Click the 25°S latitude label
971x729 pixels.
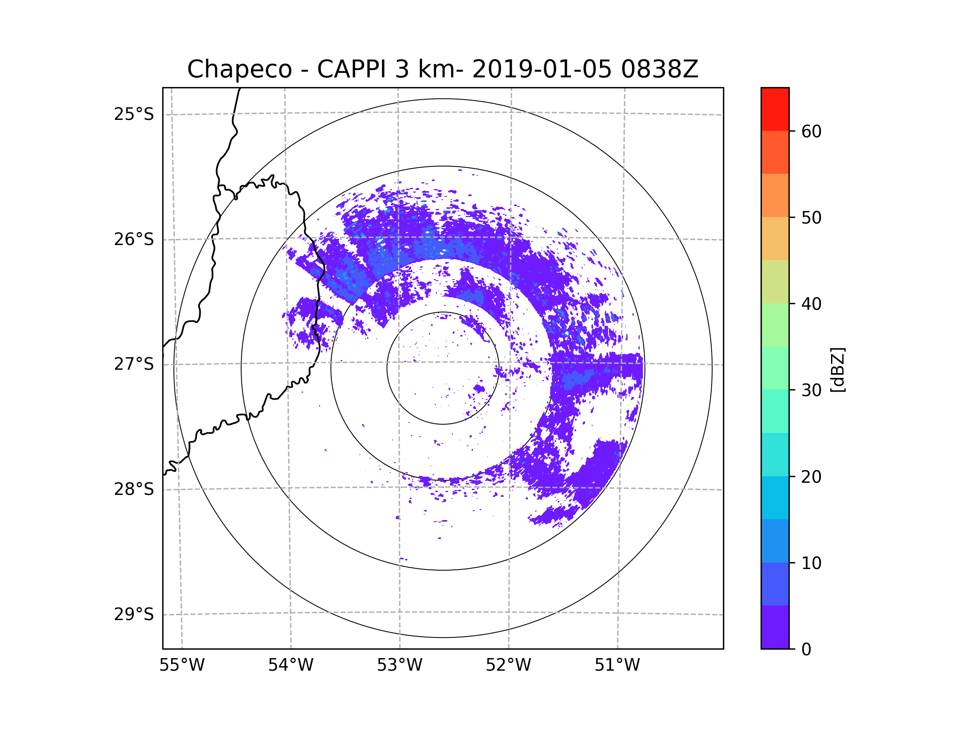pos(134,115)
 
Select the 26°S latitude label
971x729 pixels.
pos(134,240)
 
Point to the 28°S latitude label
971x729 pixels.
pos(134,490)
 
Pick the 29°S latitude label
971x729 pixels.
pos(134,615)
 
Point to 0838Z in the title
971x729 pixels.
pos(659,69)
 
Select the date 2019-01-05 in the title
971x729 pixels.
pos(542,69)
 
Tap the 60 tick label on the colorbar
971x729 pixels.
pos(811,131)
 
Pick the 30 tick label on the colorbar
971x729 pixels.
pos(811,390)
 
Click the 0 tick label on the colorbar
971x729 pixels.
pos(806,650)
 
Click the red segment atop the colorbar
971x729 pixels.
pos(775,109)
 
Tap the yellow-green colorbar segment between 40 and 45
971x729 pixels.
pos(775,281)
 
